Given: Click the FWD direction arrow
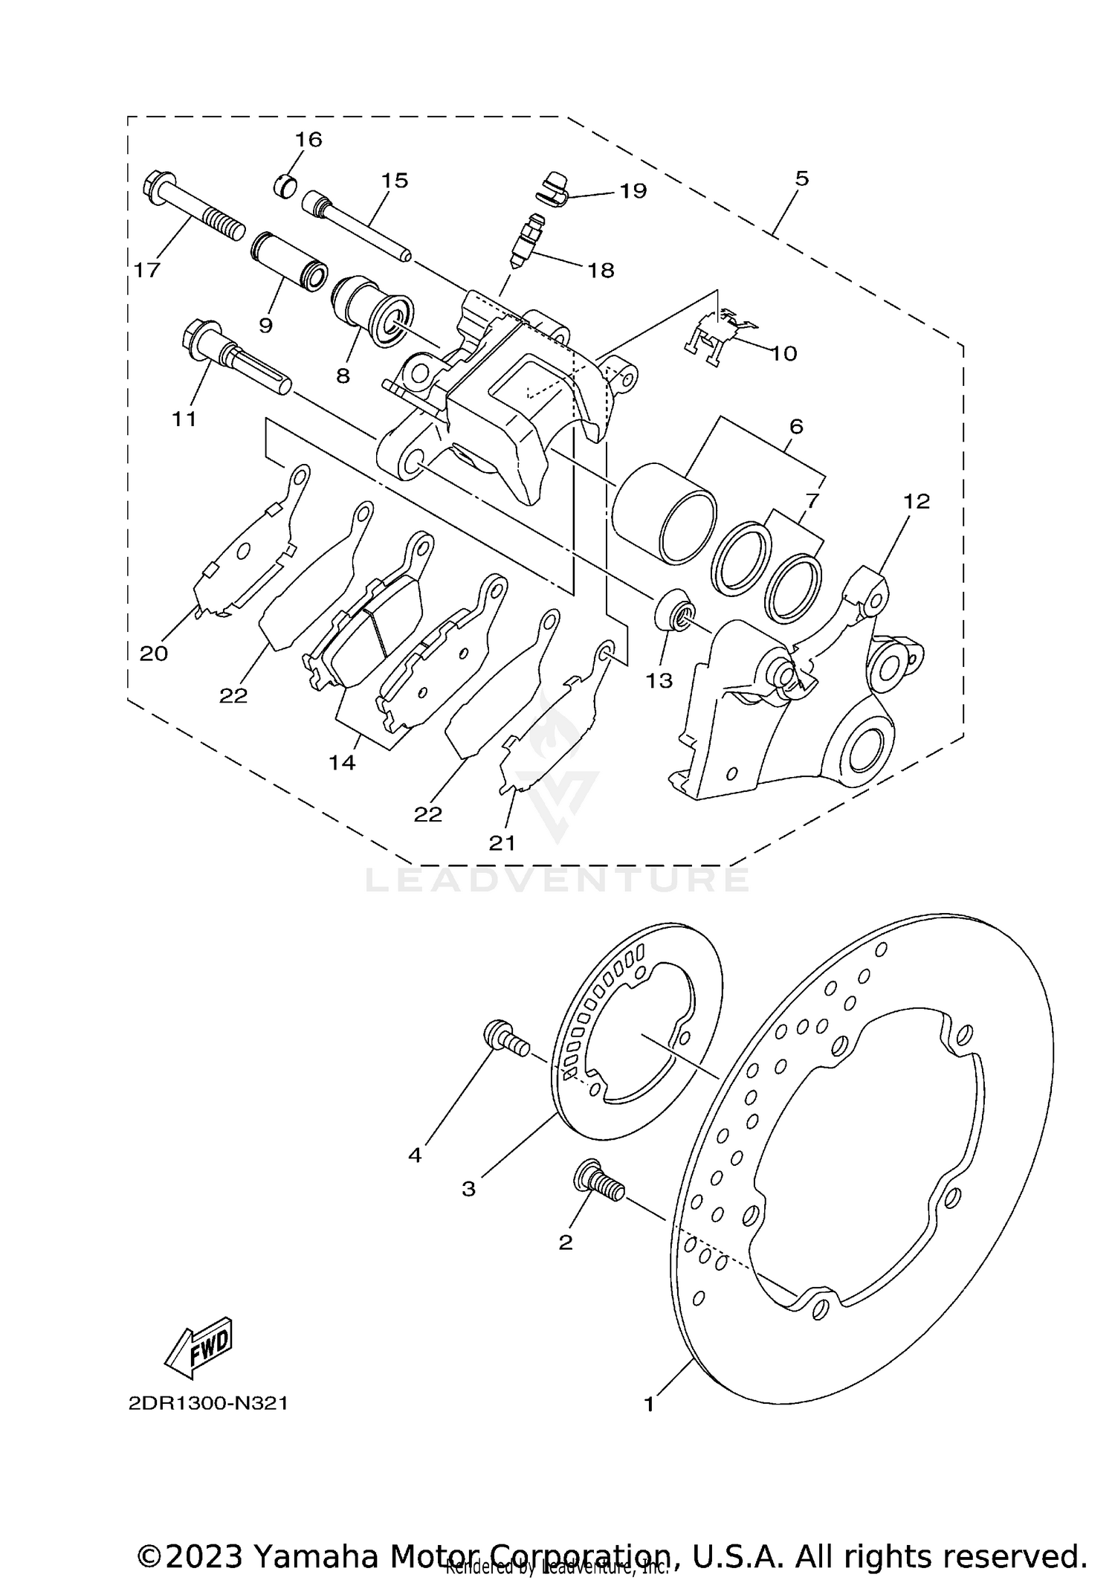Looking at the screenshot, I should [198, 1347].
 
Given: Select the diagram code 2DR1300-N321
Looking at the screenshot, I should [208, 1404].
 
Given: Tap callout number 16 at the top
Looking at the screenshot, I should [308, 139].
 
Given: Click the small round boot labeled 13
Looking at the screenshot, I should [675, 612].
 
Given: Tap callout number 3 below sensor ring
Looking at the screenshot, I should [468, 1189].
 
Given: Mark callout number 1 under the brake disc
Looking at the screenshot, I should [649, 1405].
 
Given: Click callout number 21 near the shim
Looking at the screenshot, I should [502, 842].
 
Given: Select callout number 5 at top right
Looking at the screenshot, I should [801, 178].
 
